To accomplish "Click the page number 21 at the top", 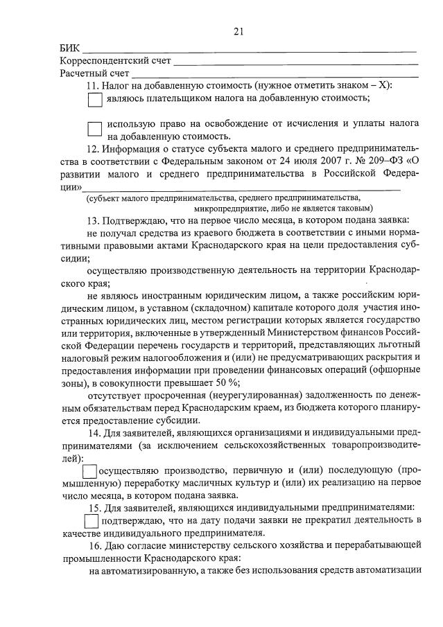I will click(238, 31).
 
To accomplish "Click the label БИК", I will click(69, 48).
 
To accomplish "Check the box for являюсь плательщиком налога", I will click(95, 99).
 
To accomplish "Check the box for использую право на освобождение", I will click(95, 130).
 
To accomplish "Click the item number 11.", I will click(92, 85).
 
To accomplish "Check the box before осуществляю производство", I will click(89, 471).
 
